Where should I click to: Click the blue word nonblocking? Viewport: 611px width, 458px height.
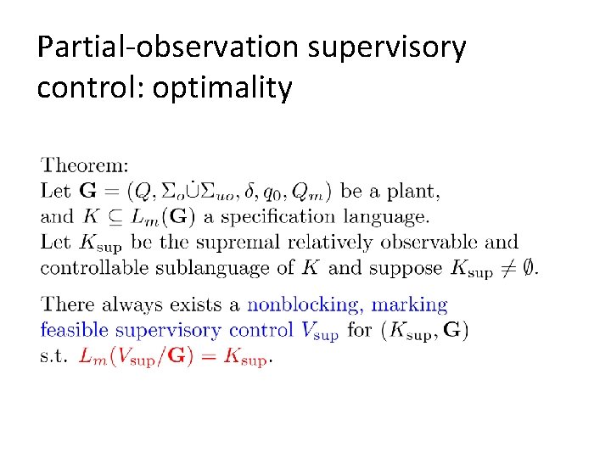(x=304, y=304)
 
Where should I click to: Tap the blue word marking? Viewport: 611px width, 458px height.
(x=410, y=304)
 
